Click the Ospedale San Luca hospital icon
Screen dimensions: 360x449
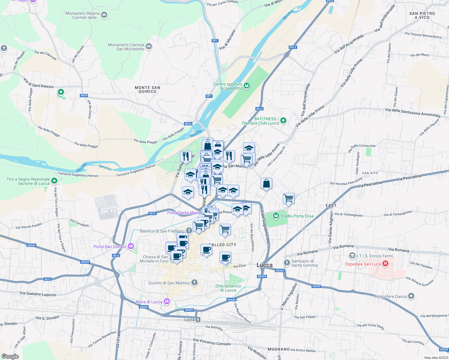(x=385, y=264)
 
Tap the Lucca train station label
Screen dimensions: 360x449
(x=189, y=319)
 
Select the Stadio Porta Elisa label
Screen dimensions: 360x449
(x=297, y=216)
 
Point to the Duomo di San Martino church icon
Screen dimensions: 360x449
(x=194, y=283)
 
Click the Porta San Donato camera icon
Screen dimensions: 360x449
(x=131, y=246)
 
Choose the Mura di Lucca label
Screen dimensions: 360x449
(x=149, y=302)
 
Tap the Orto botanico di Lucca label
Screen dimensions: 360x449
(x=228, y=288)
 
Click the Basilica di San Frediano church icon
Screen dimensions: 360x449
(x=189, y=231)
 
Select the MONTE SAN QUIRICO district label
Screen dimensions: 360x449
(x=147, y=90)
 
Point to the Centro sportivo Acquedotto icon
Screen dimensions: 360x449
(x=247, y=86)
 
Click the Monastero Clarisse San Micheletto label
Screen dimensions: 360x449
(x=126, y=47)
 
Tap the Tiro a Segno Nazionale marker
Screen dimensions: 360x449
(x=54, y=181)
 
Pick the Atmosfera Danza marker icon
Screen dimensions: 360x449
(x=411, y=296)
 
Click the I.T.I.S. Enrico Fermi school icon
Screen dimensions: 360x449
(x=352, y=256)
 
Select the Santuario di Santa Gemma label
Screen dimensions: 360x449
(x=304, y=263)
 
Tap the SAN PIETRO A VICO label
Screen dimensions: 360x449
(x=422, y=15)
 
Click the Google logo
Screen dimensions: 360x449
(x=10, y=356)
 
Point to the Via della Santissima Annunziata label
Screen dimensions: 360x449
(x=413, y=112)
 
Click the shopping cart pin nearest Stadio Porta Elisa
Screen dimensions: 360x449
(x=288, y=198)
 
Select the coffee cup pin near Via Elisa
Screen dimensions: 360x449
(x=225, y=257)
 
